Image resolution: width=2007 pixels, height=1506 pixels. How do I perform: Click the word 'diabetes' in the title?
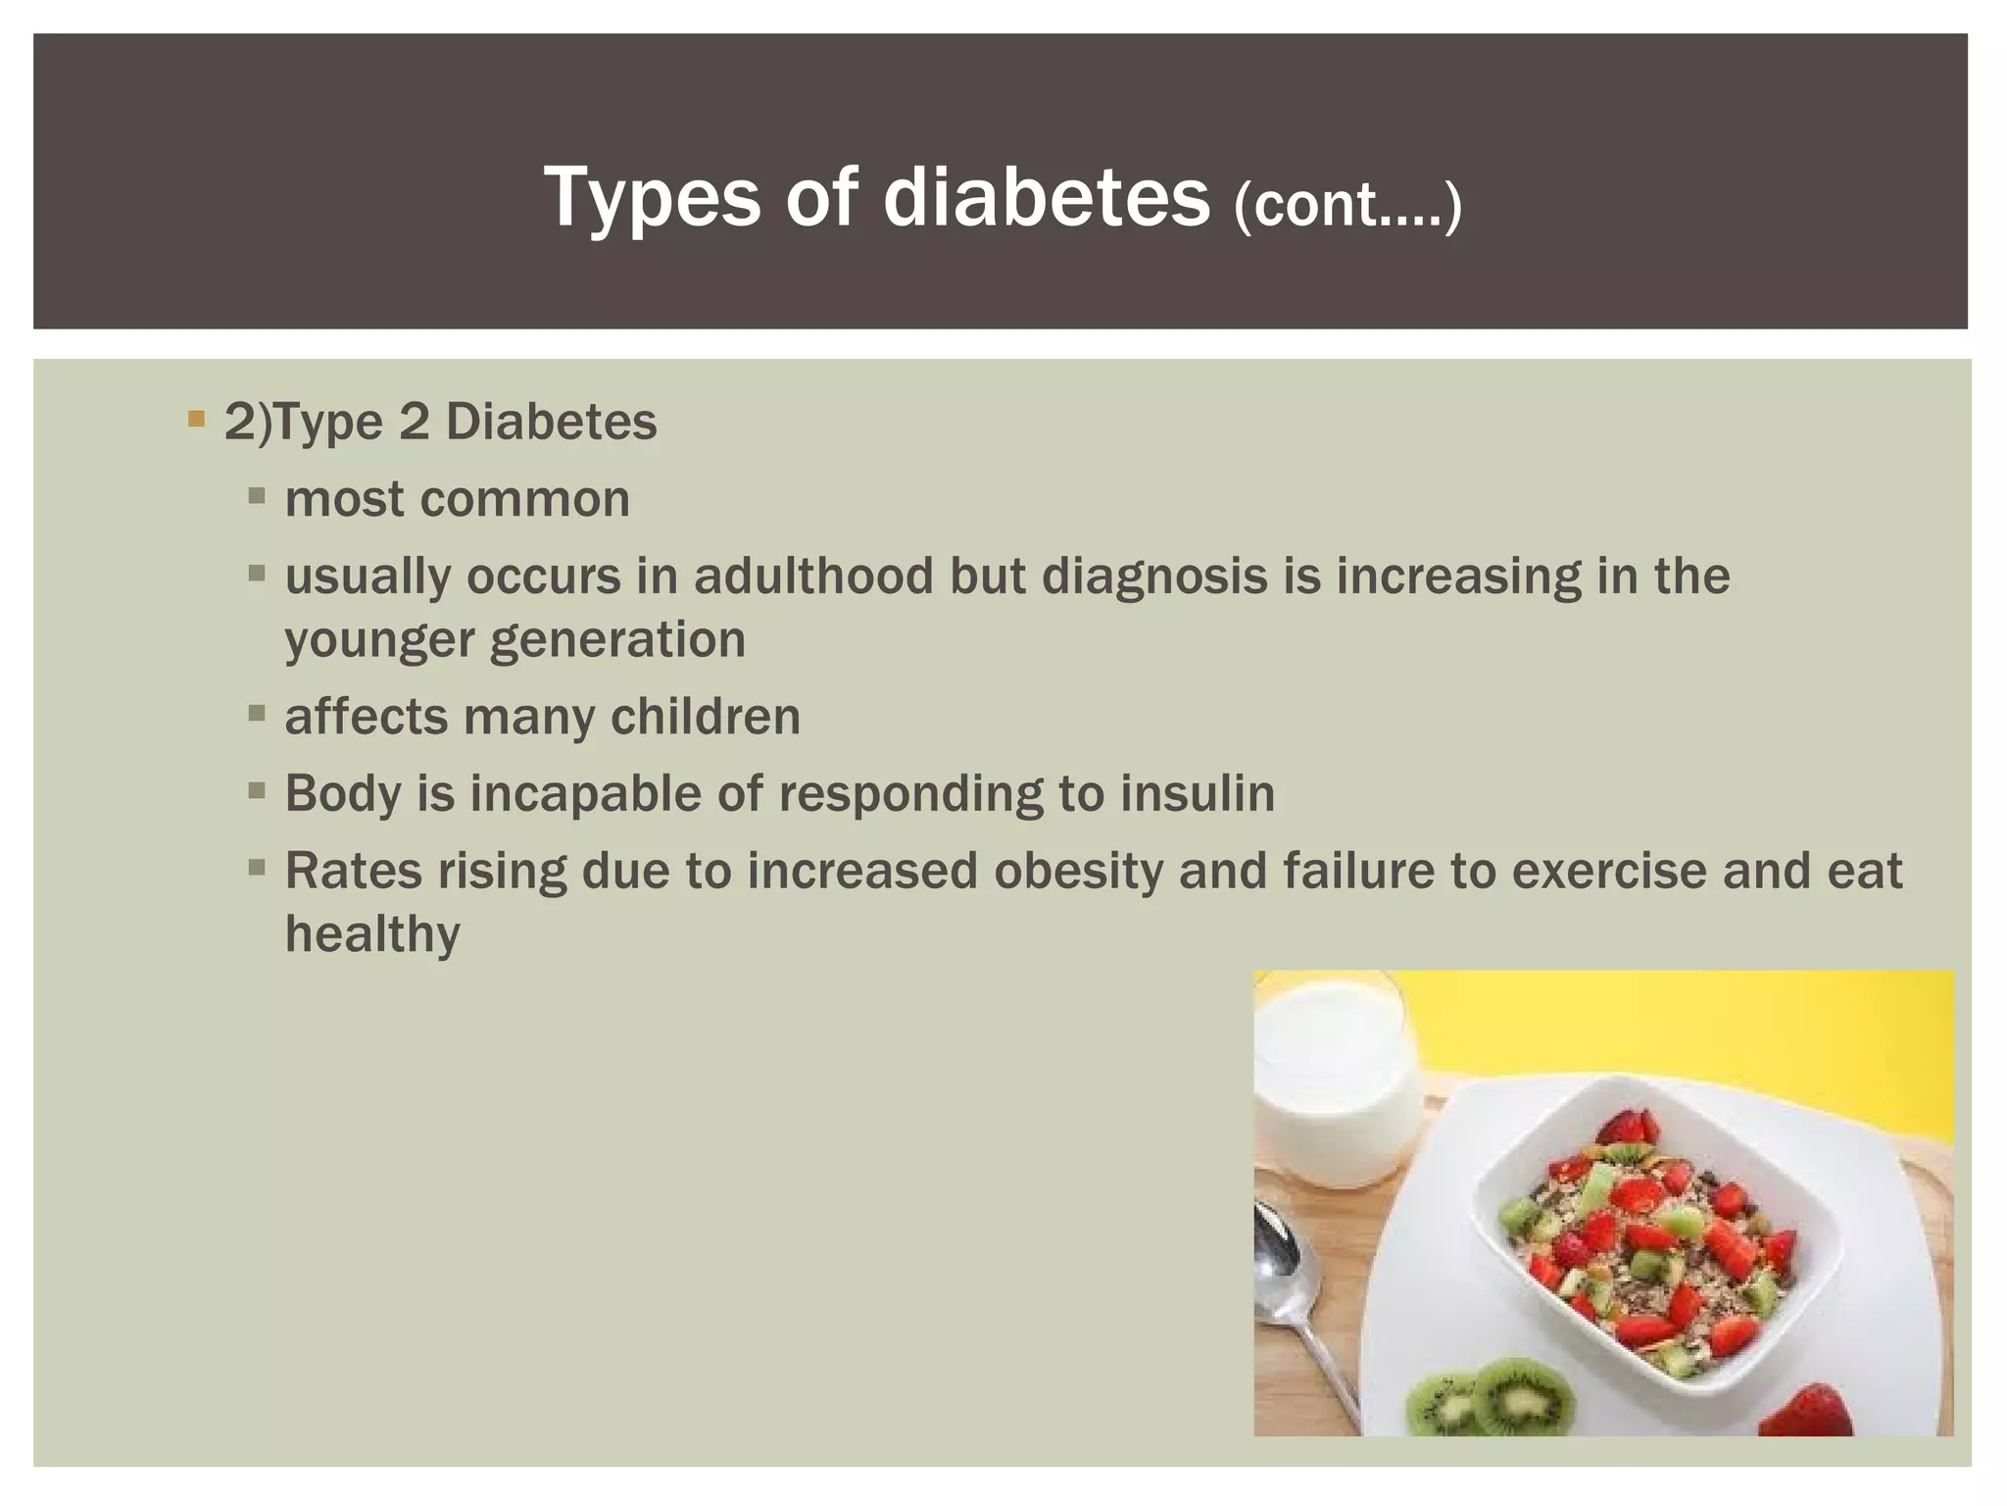point(1046,198)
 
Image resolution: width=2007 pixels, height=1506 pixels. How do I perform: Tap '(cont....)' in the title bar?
point(1347,206)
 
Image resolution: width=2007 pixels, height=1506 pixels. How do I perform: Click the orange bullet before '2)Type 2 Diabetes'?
point(196,421)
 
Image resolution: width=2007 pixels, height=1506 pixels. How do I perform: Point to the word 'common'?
point(526,499)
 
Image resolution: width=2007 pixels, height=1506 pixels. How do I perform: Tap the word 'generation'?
point(616,640)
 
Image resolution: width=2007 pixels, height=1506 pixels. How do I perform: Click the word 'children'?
point(706,717)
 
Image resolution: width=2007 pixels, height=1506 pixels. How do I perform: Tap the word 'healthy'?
point(372,934)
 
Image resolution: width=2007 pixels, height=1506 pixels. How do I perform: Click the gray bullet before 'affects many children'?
point(258,715)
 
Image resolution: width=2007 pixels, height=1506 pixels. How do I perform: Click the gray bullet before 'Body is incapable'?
point(258,791)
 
